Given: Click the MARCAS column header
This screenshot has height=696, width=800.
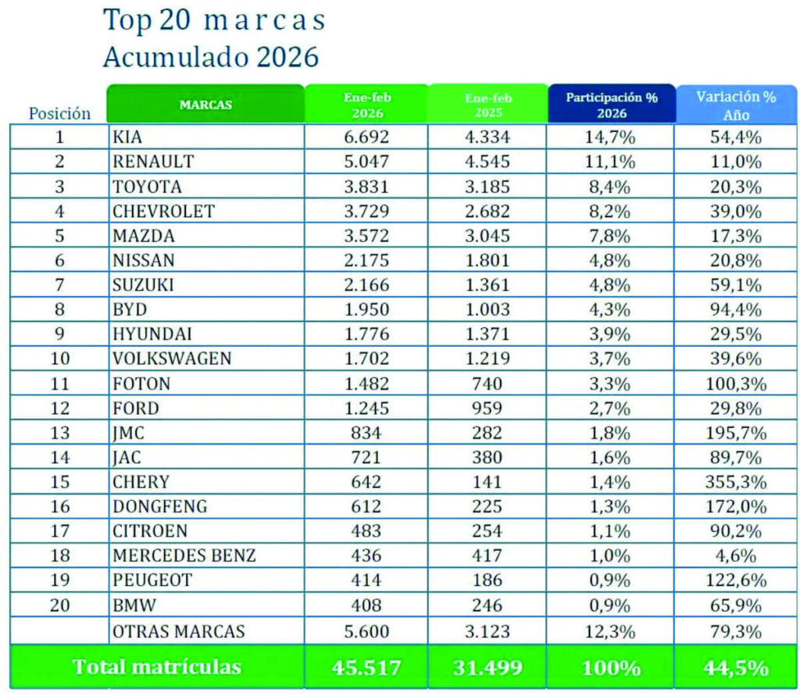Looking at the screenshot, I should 205,105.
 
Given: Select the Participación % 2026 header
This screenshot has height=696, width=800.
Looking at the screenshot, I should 612,105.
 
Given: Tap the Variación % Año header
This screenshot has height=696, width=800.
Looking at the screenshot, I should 736,105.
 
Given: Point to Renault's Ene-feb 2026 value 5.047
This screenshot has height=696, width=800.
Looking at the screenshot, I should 366,162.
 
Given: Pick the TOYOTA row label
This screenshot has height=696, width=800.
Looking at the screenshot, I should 147,187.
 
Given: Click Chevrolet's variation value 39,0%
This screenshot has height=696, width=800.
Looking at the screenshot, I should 736,212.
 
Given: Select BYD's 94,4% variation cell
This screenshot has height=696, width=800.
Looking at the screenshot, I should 736,309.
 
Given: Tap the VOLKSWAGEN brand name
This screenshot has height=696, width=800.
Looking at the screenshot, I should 172,359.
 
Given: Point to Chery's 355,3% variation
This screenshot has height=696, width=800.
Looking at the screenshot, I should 736,482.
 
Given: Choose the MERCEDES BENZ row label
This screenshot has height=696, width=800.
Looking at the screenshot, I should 184,556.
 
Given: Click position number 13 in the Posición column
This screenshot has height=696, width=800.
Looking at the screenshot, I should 59,433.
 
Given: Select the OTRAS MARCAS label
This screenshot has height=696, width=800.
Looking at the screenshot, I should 179,630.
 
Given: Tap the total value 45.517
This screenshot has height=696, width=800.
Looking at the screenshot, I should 366,668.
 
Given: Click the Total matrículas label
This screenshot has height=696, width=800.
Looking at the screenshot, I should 157,667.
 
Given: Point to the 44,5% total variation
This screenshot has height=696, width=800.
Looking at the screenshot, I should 736,668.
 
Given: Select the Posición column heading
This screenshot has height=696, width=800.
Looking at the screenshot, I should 59,113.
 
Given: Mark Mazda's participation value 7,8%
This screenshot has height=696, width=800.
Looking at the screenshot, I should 612,236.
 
